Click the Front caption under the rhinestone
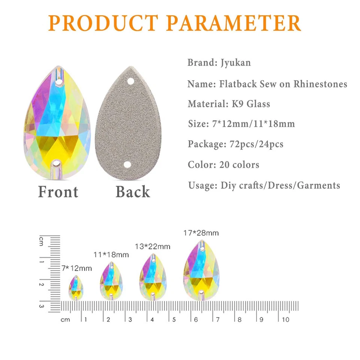(58, 192)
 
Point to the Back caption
(133, 192)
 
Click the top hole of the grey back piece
(130, 81)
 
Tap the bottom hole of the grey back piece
(127, 165)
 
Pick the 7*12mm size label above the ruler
(76, 268)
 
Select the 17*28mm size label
(201, 233)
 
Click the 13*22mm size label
(153, 246)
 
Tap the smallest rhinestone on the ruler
(76, 288)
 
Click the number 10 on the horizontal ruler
(285, 319)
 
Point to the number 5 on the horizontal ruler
(174, 319)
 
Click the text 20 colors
(239, 164)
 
